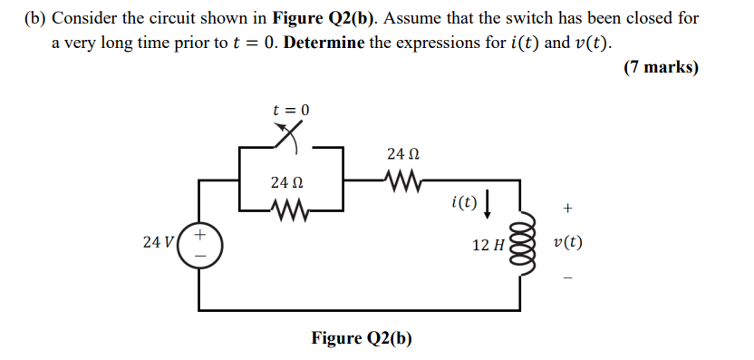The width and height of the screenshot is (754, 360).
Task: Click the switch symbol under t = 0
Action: [288, 135]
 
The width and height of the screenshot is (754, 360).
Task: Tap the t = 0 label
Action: [291, 110]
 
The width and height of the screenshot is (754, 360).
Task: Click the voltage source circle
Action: [198, 245]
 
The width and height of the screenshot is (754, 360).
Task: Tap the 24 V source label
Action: [158, 242]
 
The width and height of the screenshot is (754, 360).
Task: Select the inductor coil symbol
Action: [519, 244]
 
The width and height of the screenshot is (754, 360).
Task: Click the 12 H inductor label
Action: [489, 245]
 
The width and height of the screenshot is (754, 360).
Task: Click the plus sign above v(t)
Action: [567, 209]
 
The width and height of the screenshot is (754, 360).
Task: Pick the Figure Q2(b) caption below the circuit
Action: [362, 338]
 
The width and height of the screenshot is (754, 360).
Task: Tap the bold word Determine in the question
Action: [325, 44]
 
